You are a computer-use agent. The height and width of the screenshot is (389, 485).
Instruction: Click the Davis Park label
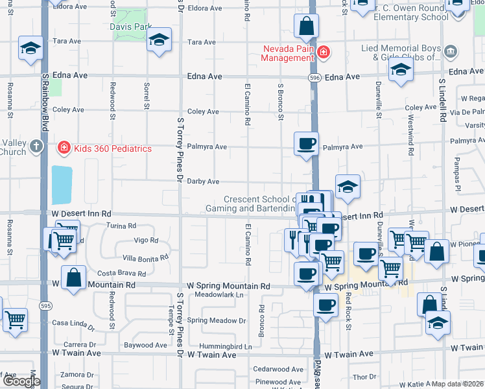tap(132, 27)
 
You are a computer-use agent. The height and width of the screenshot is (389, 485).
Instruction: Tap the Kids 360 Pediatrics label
tap(113, 148)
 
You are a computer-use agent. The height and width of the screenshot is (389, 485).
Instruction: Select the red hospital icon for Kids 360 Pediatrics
tap(64, 148)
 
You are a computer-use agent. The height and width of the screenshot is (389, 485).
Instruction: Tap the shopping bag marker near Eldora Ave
tap(306, 27)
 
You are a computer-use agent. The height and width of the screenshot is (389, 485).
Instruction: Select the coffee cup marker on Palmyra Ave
tap(306, 143)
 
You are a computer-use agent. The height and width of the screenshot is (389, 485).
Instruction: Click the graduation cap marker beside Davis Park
tap(159, 40)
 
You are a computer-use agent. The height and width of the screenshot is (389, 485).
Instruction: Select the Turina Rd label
tap(122, 226)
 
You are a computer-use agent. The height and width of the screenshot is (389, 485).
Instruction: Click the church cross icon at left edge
tap(36, 146)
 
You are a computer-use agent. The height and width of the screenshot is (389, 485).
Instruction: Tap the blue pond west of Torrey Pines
tap(62, 185)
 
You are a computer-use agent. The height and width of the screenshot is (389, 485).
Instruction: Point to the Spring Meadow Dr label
tap(217, 320)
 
